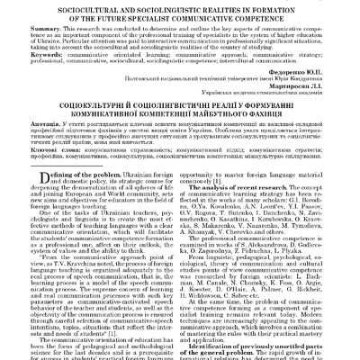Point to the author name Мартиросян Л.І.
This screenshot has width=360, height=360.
point(292,112)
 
